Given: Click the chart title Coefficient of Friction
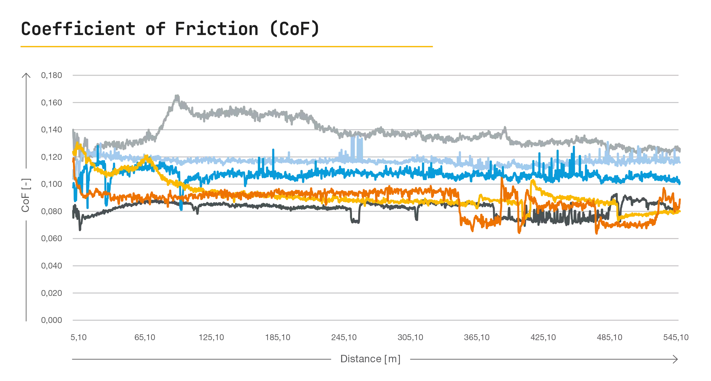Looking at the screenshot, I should click(x=138, y=30).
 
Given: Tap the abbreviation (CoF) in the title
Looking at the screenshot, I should click(x=295, y=30).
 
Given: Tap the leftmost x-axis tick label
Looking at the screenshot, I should click(x=78, y=338).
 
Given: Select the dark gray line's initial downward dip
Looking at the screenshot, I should click(x=80, y=229).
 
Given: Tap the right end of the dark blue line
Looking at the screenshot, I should click(x=680, y=182).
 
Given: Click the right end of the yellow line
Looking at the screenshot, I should click(x=680, y=210).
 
